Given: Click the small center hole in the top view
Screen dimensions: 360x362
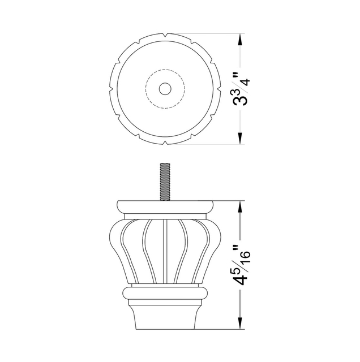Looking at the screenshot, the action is point(165,89).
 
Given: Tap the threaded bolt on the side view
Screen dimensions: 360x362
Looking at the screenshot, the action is point(165,182).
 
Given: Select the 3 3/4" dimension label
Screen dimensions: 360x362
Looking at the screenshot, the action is point(242,89).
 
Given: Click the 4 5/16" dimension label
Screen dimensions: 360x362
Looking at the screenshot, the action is point(242,265).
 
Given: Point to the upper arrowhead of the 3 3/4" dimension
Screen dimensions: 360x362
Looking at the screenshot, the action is point(241,39).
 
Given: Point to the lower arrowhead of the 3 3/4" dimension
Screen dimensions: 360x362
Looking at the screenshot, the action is point(241,139).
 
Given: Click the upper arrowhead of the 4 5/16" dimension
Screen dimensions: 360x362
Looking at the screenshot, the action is point(241,206).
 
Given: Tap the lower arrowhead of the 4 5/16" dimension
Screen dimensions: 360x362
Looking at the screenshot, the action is point(241,323).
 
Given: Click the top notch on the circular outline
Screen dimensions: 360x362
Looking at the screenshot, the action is point(165,35).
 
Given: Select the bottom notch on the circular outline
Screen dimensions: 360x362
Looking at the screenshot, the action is point(165,143).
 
